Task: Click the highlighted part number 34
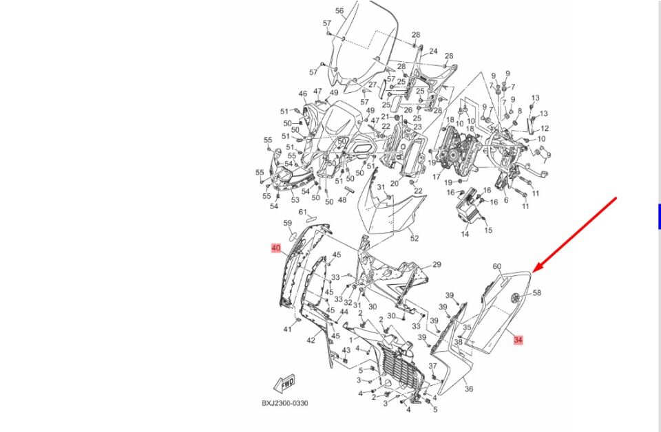[518, 340]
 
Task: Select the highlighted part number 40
[275, 248]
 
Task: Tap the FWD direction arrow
[284, 382]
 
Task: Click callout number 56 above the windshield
[339, 11]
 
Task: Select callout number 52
[414, 239]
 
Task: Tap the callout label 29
[436, 265]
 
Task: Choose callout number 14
[465, 235]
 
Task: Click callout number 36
[469, 389]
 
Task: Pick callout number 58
[537, 292]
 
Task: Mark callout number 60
[496, 266]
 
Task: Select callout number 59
[288, 224]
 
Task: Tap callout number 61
[302, 212]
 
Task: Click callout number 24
[433, 52]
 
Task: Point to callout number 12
[544, 129]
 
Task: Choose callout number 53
[295, 200]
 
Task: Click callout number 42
[311, 340]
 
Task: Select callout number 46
[302, 94]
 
